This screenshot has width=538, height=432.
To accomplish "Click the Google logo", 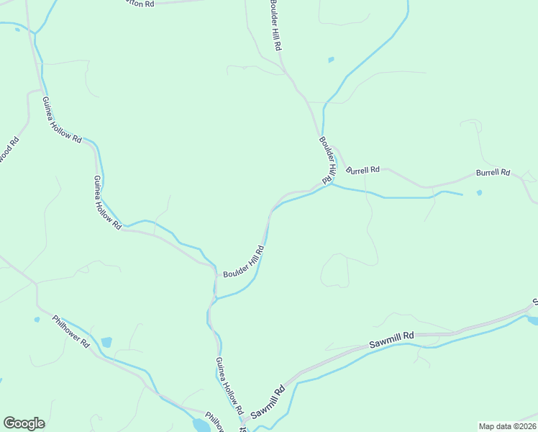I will click(x=24, y=423).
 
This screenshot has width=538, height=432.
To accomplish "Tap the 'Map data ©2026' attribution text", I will click(x=507, y=426).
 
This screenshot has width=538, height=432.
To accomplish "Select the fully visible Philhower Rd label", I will click(x=70, y=331).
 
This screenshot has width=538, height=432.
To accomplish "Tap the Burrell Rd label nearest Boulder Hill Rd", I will click(x=363, y=171).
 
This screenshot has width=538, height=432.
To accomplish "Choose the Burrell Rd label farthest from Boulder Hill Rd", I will click(x=493, y=173).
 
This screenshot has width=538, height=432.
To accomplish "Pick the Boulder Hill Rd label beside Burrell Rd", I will click(x=328, y=161).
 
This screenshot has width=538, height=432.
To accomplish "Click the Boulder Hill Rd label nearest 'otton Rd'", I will click(x=275, y=25).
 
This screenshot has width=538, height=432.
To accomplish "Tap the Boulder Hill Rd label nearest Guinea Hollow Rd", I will click(x=244, y=262).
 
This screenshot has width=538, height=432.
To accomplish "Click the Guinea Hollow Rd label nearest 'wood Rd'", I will click(x=61, y=120).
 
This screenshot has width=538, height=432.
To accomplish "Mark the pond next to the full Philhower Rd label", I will click(x=106, y=342).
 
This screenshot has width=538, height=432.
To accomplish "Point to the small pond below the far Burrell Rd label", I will click(x=479, y=192).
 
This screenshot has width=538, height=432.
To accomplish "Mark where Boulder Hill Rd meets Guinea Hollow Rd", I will click(x=216, y=274).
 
